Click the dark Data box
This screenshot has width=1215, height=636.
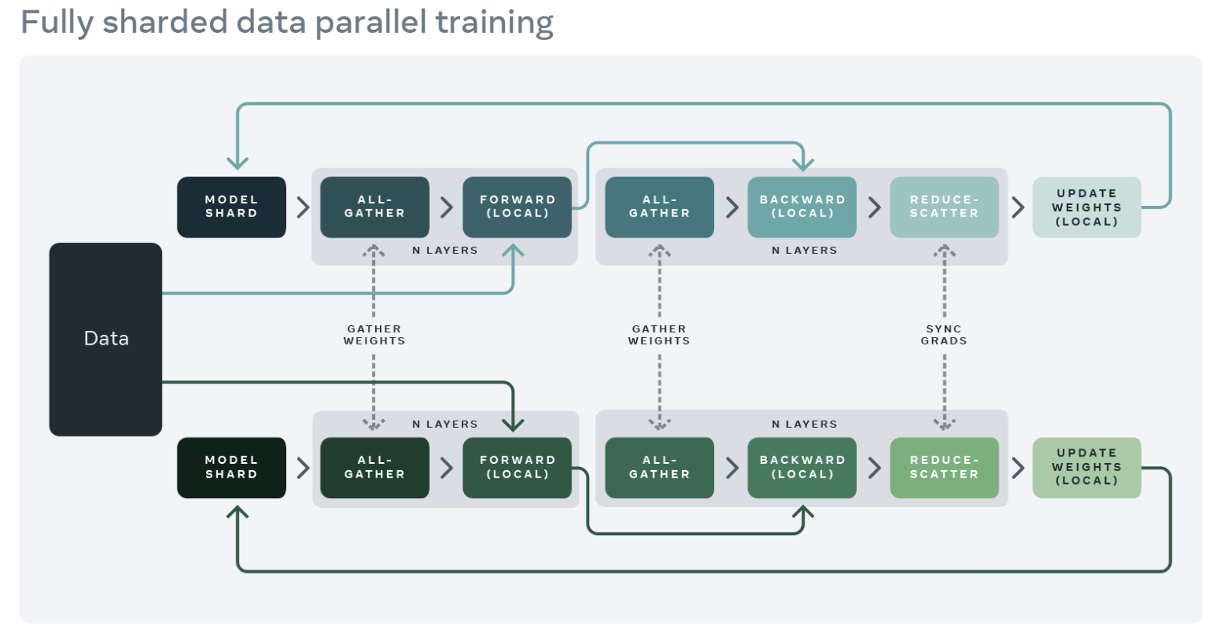point(106,340)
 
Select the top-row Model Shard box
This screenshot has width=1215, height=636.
point(232,207)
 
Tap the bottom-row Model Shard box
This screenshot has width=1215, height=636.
point(232,468)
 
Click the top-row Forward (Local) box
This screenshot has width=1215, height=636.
point(517,207)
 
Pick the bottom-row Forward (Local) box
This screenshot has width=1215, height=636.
point(517,468)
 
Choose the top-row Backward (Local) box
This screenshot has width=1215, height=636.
point(802,207)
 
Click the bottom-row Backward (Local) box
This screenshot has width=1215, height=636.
point(802,468)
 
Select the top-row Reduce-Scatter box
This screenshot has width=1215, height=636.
point(944,207)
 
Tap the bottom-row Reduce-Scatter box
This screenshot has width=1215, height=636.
point(944,468)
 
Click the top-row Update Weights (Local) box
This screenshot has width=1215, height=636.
point(1087,207)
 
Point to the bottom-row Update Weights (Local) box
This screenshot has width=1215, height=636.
point(1087,468)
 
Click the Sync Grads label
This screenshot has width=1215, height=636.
point(944,335)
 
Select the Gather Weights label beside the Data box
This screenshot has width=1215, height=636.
point(374,335)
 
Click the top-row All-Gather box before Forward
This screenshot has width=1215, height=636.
point(375,207)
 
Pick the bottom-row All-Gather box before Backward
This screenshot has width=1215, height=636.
point(660,468)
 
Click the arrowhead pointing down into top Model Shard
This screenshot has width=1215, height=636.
point(237,163)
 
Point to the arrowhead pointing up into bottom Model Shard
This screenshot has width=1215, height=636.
point(237,513)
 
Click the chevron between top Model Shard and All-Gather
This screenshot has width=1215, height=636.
point(303,207)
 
